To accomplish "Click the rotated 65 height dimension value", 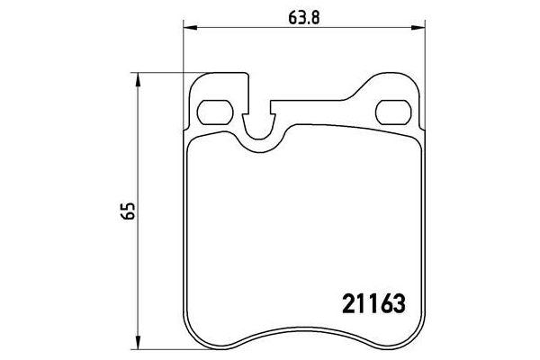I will (x=131, y=213).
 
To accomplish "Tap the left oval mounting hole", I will (x=212, y=113).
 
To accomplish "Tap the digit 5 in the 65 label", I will (x=131, y=208).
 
